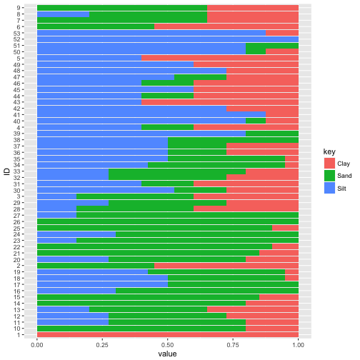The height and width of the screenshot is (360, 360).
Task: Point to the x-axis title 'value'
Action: pyautogui.click(x=168, y=353)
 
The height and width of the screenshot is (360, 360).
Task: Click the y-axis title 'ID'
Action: pyautogui.click(x=6, y=170)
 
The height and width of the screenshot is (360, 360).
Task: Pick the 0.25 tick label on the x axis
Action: pyautogui.click(x=102, y=343)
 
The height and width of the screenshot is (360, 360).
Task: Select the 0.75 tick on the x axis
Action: pyautogui.click(x=233, y=343)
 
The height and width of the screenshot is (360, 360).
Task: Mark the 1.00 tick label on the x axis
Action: pyautogui.click(x=298, y=343)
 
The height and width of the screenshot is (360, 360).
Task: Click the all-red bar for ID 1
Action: pyautogui.click(x=168, y=334)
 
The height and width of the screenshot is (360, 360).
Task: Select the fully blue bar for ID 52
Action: pyautogui.click(x=168, y=39)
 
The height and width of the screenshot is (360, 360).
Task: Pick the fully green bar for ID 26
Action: pyautogui.click(x=168, y=221)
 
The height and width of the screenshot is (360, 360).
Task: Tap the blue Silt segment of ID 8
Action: pyautogui.click(x=63, y=14)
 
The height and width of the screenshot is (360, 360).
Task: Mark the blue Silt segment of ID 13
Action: pyautogui.click(x=63, y=309)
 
